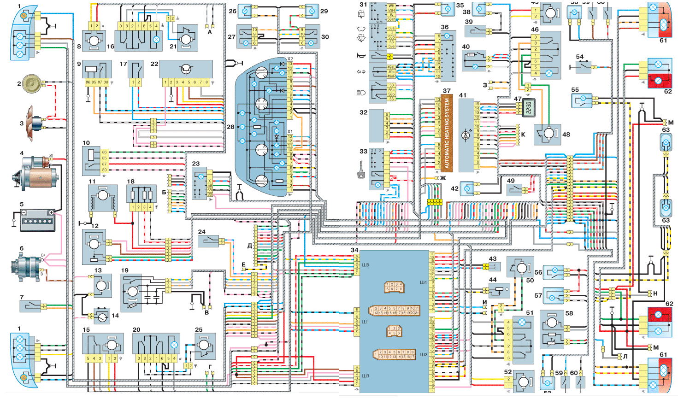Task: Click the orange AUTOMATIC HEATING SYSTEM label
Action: (x=447, y=133)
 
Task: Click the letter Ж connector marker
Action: (x=443, y=178)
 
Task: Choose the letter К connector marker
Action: (x=523, y=135)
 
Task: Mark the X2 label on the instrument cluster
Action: (x=290, y=59)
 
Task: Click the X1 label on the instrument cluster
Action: (x=290, y=132)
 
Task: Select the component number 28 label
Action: (x=230, y=127)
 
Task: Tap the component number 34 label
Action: (x=354, y=250)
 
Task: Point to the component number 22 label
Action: (x=154, y=64)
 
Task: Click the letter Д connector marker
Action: (x=250, y=246)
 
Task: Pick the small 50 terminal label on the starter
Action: (x=51, y=156)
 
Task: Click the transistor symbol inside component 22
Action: (x=186, y=69)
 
